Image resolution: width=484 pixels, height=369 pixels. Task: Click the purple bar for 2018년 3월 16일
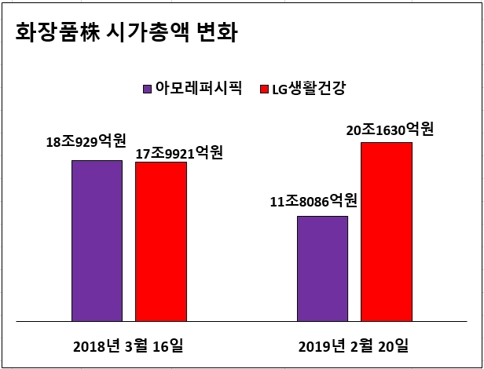97,241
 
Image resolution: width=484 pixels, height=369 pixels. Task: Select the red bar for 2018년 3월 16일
161,242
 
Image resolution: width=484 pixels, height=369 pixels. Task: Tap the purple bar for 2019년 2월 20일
323,269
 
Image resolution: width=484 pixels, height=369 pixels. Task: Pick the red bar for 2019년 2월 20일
387,232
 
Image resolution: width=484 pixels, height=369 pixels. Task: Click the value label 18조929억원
86,142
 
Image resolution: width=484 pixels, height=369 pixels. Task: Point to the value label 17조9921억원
179,153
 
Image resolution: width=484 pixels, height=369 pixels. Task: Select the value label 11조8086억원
313,201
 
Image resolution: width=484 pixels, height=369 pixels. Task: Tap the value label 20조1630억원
390,130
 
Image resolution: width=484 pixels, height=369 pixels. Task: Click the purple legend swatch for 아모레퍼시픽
147,90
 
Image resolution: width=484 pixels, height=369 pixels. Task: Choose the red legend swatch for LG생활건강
265,90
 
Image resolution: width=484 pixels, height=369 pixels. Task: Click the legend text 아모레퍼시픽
199,88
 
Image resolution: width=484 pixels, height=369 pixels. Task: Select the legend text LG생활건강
309,88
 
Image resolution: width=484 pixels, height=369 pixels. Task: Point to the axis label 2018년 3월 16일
128,346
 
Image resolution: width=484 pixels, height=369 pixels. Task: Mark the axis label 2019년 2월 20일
354,346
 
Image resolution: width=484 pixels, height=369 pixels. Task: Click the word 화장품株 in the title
57,31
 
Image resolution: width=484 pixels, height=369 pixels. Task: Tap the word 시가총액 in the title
148,31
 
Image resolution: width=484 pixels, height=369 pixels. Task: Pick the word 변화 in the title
217,31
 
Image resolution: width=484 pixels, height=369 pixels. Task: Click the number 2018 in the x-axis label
88,347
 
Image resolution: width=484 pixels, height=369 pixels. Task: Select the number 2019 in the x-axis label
313,347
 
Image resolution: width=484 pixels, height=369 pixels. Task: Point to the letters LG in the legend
280,90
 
